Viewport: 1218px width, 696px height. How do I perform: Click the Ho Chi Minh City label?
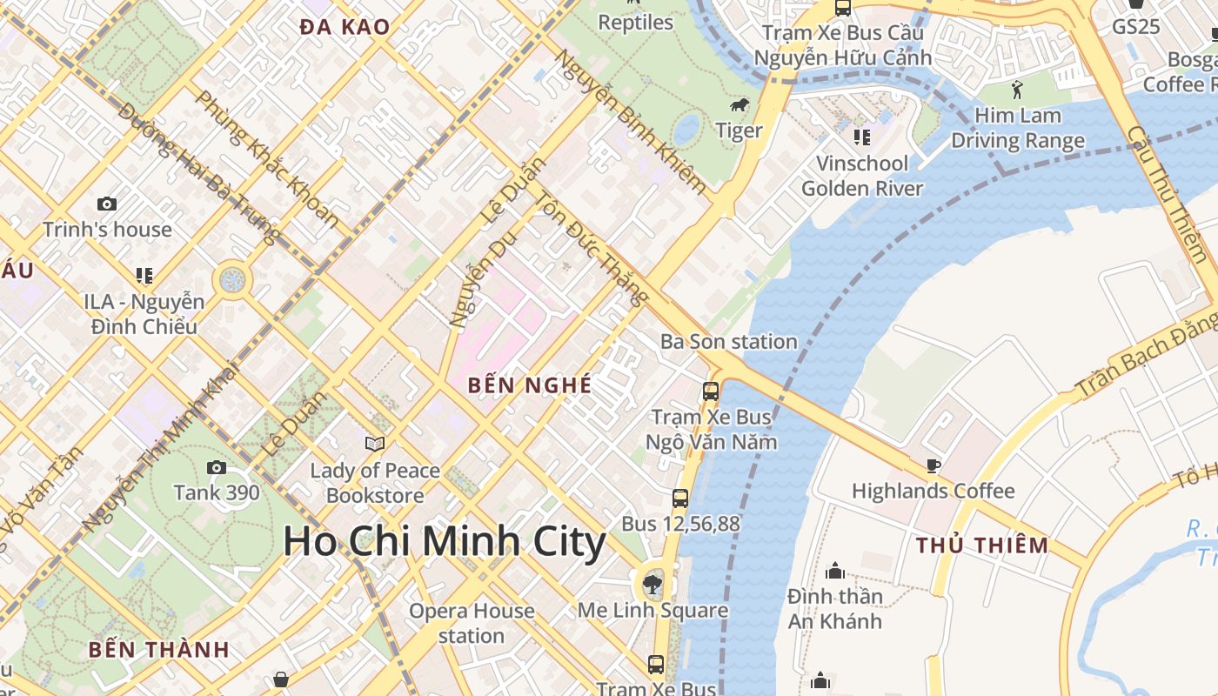445,541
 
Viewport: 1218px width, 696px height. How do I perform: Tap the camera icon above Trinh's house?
107,204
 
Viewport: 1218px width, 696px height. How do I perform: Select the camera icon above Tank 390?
217,468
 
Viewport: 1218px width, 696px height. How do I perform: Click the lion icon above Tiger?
740,106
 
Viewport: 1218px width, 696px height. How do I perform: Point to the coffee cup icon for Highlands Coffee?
934,466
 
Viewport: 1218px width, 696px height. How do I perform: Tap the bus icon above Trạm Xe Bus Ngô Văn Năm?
711,391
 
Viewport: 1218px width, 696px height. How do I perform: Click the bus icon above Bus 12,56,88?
680,499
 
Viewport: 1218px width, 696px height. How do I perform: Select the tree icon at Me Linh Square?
652,585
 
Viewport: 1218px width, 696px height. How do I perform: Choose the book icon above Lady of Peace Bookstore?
375,445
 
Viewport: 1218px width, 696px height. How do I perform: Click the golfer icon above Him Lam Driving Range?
1017,89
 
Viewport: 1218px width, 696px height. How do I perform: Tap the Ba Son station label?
729,342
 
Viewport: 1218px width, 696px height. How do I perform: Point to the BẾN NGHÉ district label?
529,385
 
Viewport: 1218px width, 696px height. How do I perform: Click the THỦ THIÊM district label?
982,545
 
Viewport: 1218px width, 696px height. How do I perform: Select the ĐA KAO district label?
345,27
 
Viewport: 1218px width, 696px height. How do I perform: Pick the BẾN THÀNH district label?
158,649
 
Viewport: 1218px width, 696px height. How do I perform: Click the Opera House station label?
472,623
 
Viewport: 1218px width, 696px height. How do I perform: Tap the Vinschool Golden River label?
862,176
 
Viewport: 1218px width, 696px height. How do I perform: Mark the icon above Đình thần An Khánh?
835,571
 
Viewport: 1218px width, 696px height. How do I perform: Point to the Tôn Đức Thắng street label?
591,249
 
